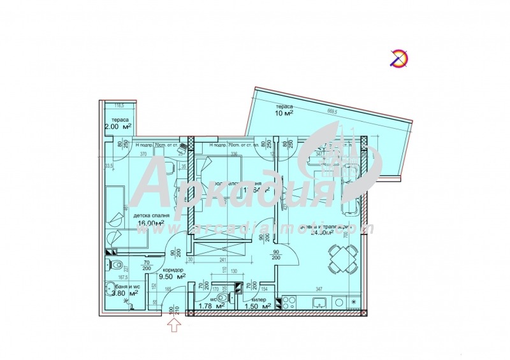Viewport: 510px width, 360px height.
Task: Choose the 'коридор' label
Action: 154,270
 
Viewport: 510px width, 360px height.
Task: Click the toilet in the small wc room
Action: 221,297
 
